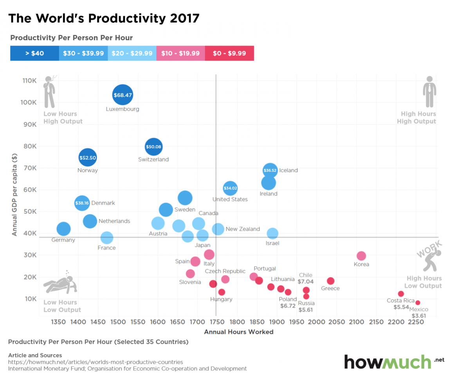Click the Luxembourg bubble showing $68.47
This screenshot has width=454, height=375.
[123, 95]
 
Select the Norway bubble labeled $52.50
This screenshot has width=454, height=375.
[88, 158]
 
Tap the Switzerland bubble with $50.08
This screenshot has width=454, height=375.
[153, 147]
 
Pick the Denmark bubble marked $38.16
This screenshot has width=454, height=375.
[82, 203]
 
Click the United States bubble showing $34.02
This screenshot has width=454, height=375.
[230, 188]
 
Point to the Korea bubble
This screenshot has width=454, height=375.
[361, 256]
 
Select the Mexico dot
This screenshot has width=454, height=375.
[418, 303]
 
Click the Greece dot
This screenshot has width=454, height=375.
[330, 281]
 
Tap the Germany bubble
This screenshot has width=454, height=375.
[63, 229]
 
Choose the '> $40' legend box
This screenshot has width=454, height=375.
[34, 53]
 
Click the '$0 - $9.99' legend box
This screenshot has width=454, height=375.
[229, 53]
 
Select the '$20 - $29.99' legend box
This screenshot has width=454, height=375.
[132, 53]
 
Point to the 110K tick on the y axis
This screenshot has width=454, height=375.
[30, 81]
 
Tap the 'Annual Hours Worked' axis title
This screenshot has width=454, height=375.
[239, 332]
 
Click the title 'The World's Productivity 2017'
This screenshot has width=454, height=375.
[104, 18]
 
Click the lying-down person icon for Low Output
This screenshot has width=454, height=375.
[59, 283]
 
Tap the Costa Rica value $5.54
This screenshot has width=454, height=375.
[401, 307]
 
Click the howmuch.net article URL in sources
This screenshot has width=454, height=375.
[95, 362]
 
